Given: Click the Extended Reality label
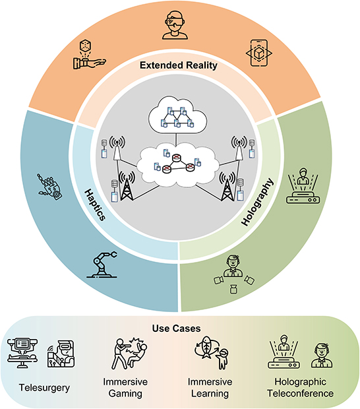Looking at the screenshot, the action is (x=179, y=65).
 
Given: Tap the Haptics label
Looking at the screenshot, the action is (x=96, y=205).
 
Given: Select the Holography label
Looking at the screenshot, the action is (x=257, y=202).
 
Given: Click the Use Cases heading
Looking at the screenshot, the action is (x=177, y=329).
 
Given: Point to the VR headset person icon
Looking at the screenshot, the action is (x=175, y=25).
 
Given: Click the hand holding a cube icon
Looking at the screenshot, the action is (x=89, y=54).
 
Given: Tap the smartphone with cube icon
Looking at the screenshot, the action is (x=259, y=53).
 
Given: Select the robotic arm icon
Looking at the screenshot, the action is (x=102, y=265).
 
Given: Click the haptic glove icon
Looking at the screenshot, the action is (x=49, y=187).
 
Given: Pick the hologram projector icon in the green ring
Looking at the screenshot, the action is (x=303, y=185).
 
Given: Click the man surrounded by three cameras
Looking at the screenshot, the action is (x=234, y=274).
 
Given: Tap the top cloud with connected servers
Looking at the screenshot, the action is (x=178, y=115).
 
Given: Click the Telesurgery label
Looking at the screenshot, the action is (x=44, y=388).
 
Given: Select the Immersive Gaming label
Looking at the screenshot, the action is (x=125, y=387).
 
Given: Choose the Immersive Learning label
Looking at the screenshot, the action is (x=210, y=387).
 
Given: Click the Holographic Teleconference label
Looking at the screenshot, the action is (x=300, y=387).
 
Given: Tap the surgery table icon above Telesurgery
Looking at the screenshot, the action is (x=22, y=353).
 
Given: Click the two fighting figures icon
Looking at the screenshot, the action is (x=129, y=354).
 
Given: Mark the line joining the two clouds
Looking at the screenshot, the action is (x=176, y=140).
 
